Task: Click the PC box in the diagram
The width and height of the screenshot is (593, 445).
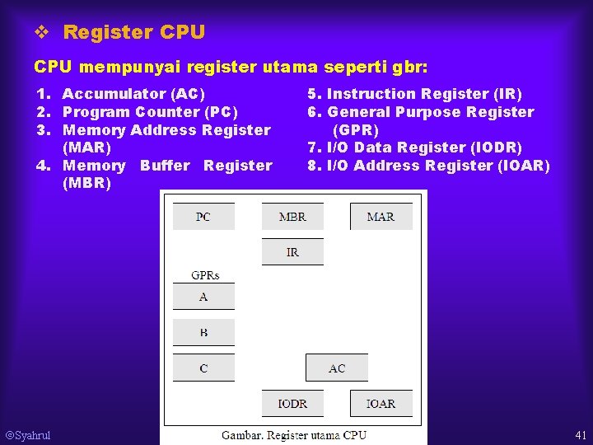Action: [203, 217]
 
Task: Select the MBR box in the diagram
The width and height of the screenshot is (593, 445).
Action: [292, 217]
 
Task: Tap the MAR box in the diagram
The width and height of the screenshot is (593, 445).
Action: [381, 217]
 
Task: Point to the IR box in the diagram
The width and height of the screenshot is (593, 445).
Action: [292, 252]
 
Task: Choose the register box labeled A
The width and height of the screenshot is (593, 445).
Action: [203, 297]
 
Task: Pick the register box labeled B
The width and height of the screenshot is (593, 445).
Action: [203, 332]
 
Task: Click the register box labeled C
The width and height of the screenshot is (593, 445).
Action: [203, 368]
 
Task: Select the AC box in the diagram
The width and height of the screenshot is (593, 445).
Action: [337, 368]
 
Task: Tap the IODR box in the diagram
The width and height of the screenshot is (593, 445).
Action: [292, 403]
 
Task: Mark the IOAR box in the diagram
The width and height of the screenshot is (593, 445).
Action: [381, 403]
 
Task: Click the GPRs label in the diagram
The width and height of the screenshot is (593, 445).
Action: [205, 275]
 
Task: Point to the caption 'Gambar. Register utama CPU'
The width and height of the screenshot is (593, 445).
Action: [294, 434]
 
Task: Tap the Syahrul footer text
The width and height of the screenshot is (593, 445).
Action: [29, 435]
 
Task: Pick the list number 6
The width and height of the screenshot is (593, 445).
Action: [313, 112]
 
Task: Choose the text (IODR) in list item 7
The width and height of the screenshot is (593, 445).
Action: [495, 148]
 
